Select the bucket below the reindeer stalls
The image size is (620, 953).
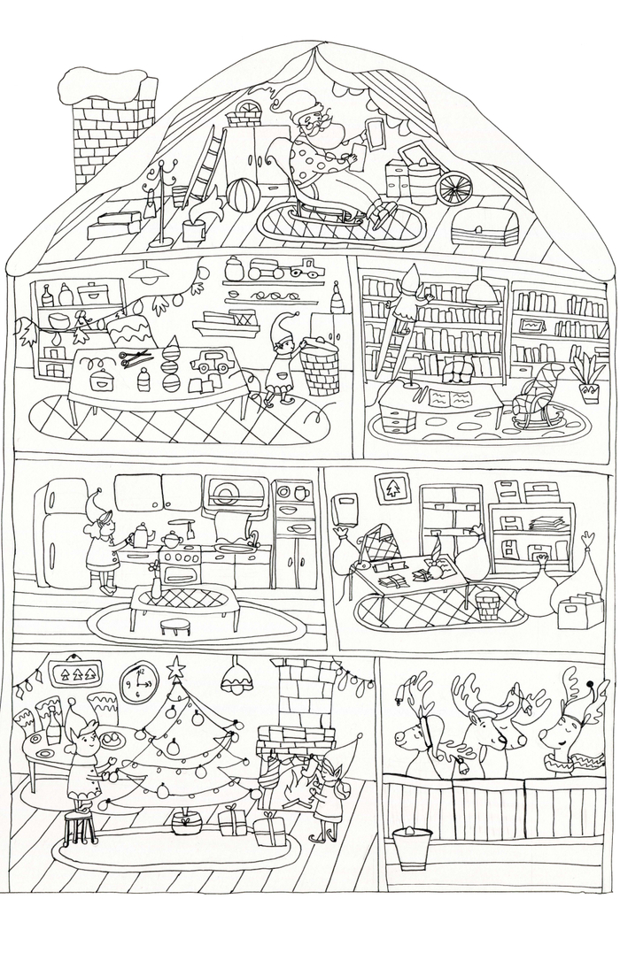point(409,848)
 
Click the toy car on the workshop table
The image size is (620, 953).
point(212,363)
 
